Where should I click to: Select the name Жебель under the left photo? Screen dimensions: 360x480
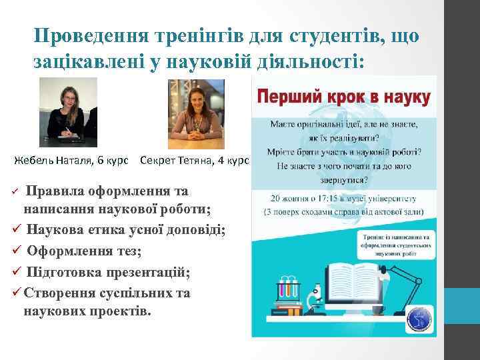(x=34, y=161)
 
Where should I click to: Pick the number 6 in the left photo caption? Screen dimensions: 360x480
(x=99, y=161)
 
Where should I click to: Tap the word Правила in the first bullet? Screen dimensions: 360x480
(x=55, y=191)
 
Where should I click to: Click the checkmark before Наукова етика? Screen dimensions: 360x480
(x=18, y=231)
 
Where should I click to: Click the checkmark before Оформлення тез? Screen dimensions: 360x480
(x=18, y=253)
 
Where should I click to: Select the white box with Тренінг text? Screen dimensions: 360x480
(x=395, y=245)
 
